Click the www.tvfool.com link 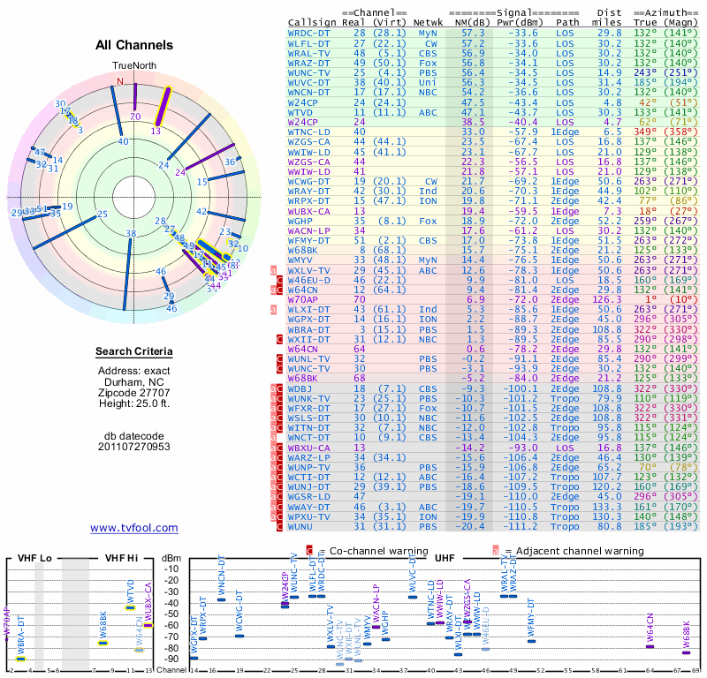point(133,528)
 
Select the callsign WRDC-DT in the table point(309,33)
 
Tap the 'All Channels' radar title point(133,45)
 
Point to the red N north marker point(120,82)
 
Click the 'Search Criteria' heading point(133,352)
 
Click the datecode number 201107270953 point(133,446)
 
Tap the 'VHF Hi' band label point(121,558)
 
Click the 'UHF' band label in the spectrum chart point(444,558)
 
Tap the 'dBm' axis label point(171,558)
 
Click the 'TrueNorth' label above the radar point(133,66)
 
